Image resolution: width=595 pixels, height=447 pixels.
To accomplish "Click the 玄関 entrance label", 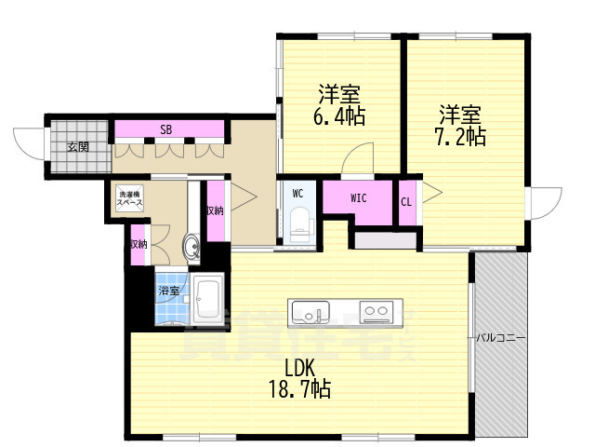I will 77,147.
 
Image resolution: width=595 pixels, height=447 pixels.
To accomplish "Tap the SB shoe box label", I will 165,129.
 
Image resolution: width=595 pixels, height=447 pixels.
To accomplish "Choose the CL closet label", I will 406,201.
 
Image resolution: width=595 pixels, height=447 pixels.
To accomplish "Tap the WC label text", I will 297,194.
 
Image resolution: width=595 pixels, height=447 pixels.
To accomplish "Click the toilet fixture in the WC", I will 298,224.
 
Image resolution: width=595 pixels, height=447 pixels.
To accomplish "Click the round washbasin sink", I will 192,248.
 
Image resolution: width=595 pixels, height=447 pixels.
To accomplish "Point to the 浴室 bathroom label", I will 168,291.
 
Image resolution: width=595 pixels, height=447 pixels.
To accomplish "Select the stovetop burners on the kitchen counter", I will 377,311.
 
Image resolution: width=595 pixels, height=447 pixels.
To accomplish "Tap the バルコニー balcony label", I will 501,336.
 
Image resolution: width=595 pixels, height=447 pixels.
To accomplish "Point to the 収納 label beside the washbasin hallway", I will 214,210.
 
